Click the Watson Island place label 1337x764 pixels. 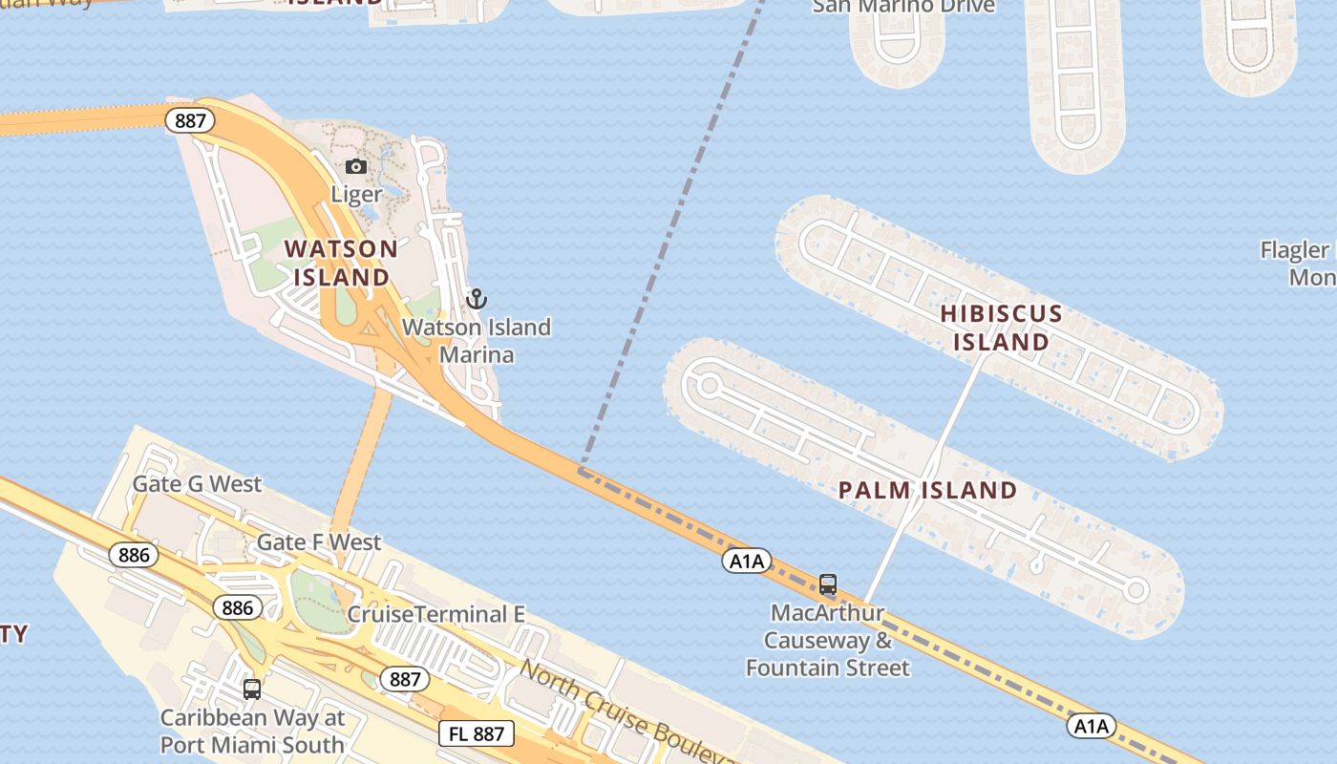click(x=341, y=263)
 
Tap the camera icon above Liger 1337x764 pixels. click(x=356, y=167)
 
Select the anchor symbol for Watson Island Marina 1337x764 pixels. click(x=477, y=299)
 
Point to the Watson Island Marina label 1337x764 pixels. click(x=477, y=341)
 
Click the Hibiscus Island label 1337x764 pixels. click(x=1001, y=328)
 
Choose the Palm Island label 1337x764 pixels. click(x=927, y=491)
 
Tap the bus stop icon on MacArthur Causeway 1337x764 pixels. click(x=828, y=584)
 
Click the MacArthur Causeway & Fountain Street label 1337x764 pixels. click(x=828, y=640)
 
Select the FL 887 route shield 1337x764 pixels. click(x=477, y=733)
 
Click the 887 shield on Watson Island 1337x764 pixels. click(x=190, y=120)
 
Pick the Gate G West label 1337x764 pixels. click(x=197, y=484)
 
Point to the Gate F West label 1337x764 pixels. click(x=319, y=542)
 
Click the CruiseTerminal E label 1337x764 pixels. click(x=435, y=614)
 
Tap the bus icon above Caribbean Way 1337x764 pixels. click(x=252, y=689)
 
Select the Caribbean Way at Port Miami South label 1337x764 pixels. click(x=252, y=731)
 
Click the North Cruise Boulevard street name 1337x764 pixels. click(x=626, y=711)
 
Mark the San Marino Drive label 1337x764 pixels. click(x=903, y=7)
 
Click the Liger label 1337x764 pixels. click(x=356, y=195)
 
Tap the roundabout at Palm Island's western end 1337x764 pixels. click(x=709, y=386)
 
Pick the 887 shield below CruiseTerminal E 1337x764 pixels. click(x=405, y=679)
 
